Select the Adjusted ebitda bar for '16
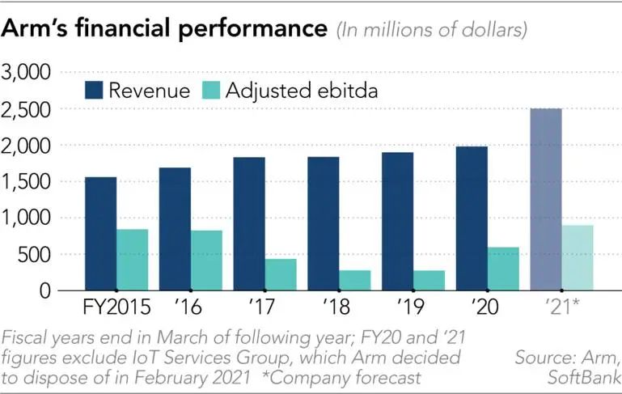point(205,260)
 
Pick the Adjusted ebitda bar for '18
point(355,280)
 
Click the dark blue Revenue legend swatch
point(95,90)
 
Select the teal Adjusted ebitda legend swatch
point(209,90)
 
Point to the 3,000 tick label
point(28,73)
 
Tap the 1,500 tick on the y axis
point(28,182)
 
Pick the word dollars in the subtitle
point(489,31)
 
